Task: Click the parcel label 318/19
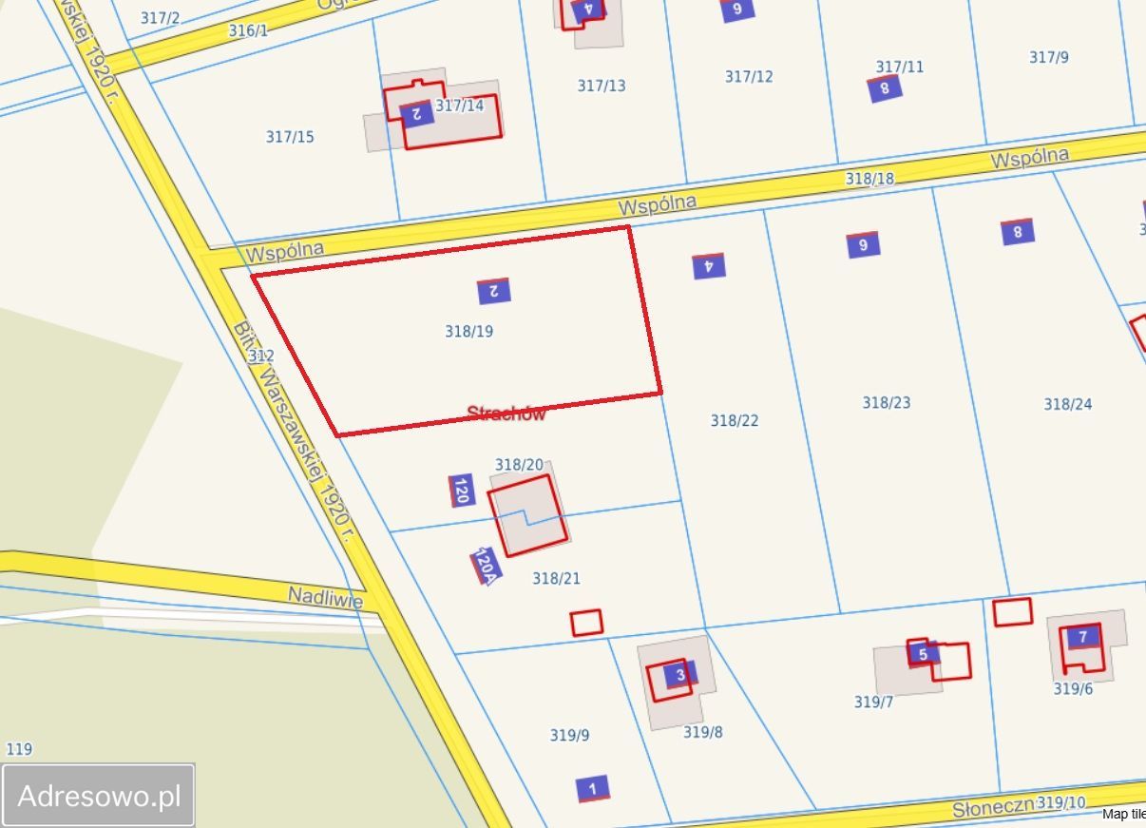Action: pyautogui.click(x=468, y=332)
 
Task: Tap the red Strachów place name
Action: pyautogui.click(x=506, y=414)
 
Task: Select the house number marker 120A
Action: pyautogui.click(x=485, y=567)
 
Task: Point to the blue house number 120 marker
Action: pyautogui.click(x=462, y=491)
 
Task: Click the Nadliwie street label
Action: pyautogui.click(x=326, y=597)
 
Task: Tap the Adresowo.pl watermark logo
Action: pyautogui.click(x=99, y=796)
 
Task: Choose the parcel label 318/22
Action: pyautogui.click(x=735, y=420)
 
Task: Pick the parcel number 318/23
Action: pyautogui.click(x=886, y=403)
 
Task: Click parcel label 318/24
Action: pyautogui.click(x=1067, y=405)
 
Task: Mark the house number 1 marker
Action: pyautogui.click(x=593, y=789)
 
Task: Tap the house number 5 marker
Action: pyautogui.click(x=923, y=654)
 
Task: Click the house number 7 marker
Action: pyautogui.click(x=1082, y=637)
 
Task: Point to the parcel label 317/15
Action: pyautogui.click(x=290, y=138)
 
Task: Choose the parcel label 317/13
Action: pyautogui.click(x=602, y=87)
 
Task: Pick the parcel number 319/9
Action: pyautogui.click(x=569, y=735)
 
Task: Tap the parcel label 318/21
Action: pyautogui.click(x=556, y=579)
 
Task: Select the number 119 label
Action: pyautogui.click(x=19, y=749)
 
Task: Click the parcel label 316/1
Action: pyautogui.click(x=249, y=31)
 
